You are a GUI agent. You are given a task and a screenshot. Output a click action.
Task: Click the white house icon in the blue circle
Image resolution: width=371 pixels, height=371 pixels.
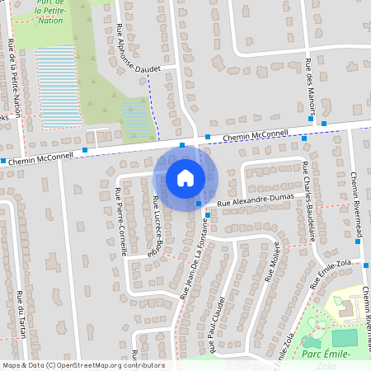point(185,178)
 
